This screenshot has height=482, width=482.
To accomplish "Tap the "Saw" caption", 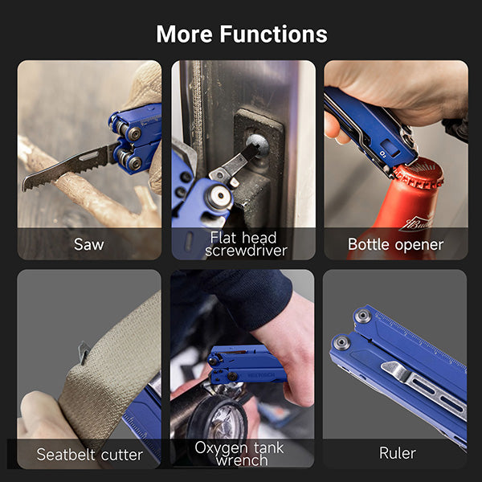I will tap(88, 244).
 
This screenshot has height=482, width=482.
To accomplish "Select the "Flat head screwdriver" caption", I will tap(243, 244).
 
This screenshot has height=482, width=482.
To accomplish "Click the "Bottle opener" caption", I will tap(395, 244).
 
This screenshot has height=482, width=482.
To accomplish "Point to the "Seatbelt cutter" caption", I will tap(89, 455).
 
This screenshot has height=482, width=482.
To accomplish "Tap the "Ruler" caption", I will tap(397, 454).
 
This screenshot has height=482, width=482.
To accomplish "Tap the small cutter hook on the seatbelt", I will tap(84, 351).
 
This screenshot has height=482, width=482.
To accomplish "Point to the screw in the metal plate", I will tap(255, 147).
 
